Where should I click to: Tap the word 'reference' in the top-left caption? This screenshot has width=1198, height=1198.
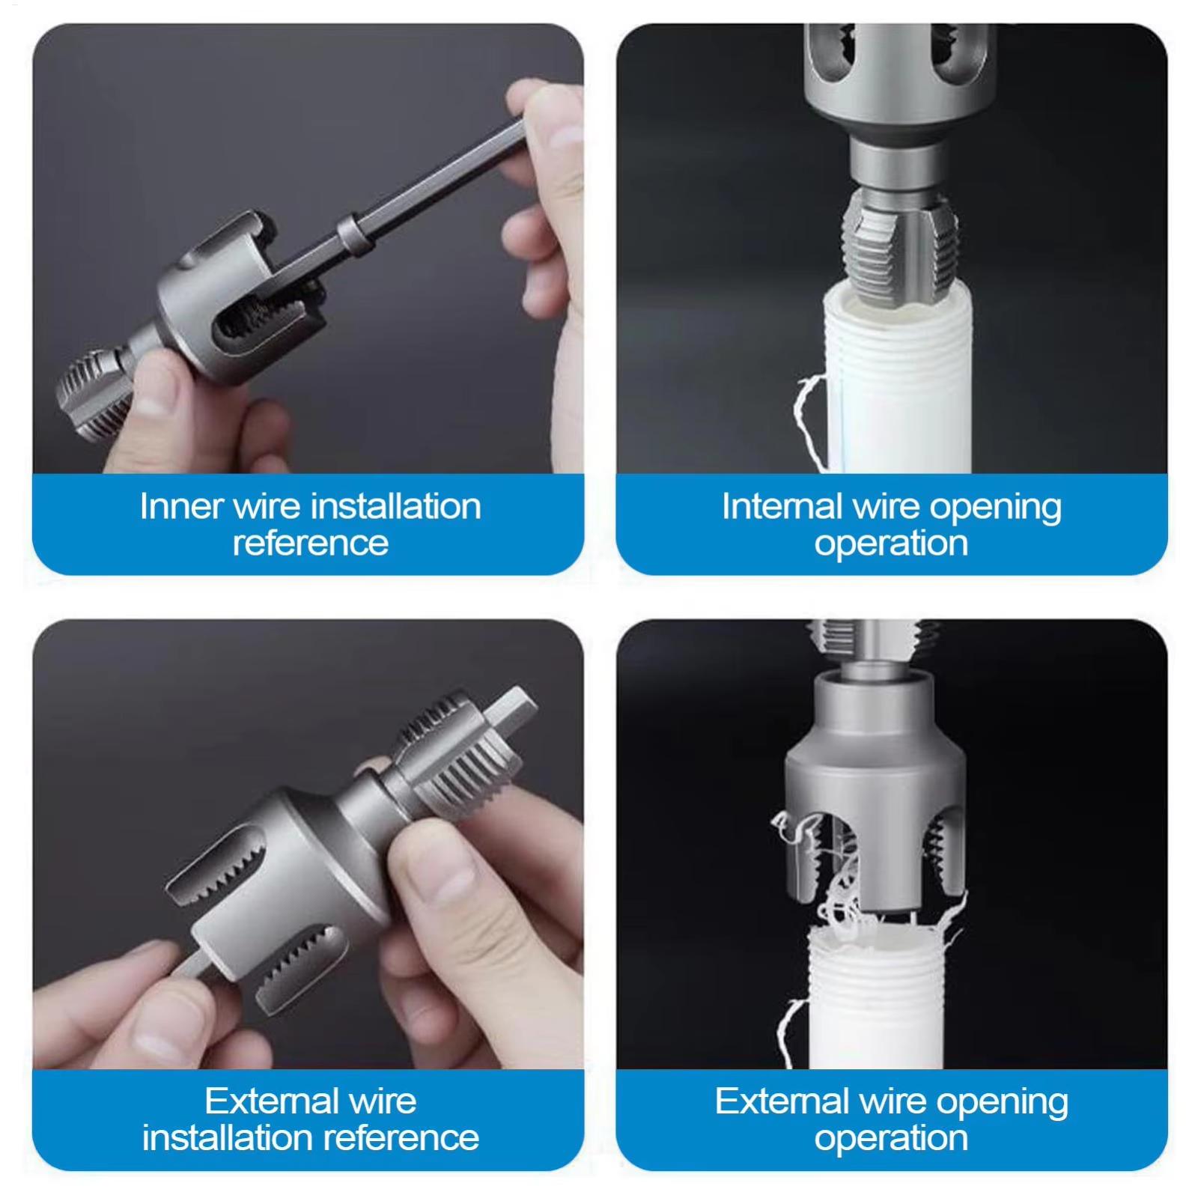point(311,543)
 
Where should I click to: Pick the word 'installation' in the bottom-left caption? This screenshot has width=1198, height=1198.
point(223,1138)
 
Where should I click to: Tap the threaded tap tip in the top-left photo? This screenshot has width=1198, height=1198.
point(90,393)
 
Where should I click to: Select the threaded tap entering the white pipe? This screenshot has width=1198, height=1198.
point(890,251)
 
